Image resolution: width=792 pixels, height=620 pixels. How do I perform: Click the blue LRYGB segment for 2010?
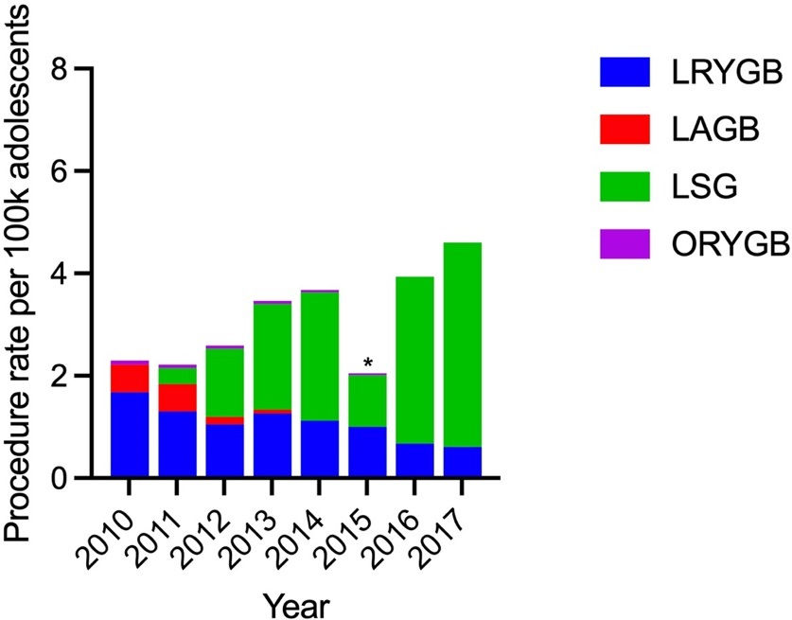click(130, 434)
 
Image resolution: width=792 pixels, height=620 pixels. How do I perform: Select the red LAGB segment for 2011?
click(177, 398)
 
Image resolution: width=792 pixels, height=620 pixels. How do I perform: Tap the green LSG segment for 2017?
click(462, 345)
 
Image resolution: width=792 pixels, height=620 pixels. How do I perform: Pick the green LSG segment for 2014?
click(320, 356)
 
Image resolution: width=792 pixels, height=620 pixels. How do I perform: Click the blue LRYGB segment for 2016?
click(414, 460)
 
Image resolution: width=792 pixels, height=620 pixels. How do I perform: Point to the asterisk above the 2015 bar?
click(368, 363)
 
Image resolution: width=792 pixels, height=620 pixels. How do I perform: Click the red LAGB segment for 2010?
click(130, 379)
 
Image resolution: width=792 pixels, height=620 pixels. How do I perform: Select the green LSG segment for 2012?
click(225, 382)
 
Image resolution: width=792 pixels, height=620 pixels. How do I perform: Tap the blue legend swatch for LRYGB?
click(625, 72)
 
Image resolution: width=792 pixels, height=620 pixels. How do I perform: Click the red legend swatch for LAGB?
click(625, 129)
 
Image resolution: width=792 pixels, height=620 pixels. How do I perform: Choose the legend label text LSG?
click(704, 186)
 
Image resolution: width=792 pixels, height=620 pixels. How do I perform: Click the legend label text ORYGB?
click(730, 244)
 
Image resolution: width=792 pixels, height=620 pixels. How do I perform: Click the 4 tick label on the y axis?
click(61, 273)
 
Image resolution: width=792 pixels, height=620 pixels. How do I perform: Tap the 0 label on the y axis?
click(61, 477)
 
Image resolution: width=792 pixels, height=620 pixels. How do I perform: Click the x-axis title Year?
click(297, 605)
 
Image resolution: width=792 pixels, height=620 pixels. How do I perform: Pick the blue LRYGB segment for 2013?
click(273, 445)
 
